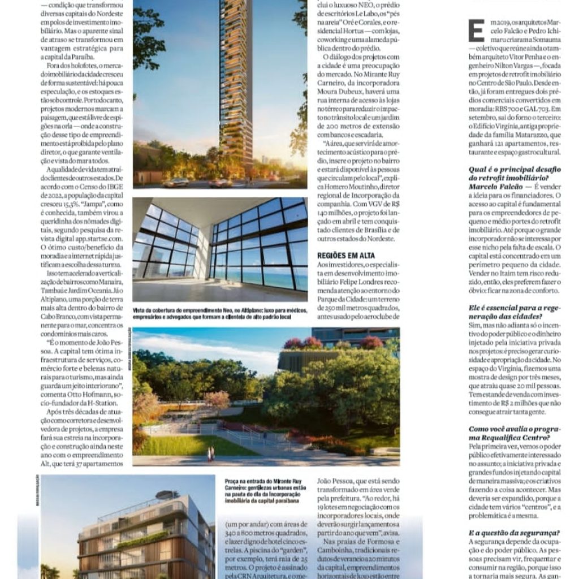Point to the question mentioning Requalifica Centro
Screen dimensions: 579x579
coord(509,433)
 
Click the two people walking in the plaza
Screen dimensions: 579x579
coord(211,453)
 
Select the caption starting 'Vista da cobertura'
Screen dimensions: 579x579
coord(219,314)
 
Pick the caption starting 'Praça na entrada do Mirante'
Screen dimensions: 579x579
coord(266,489)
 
